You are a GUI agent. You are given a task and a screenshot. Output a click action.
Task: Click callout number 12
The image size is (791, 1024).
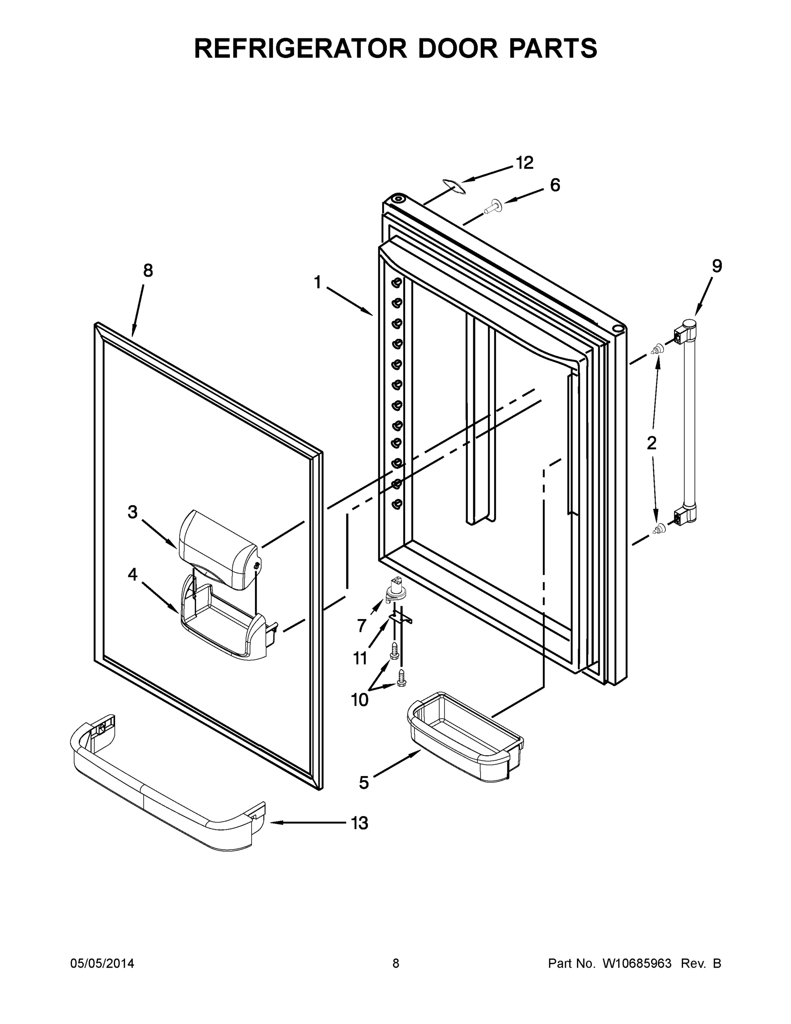(524, 163)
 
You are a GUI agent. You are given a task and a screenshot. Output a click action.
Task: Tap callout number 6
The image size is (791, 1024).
(555, 185)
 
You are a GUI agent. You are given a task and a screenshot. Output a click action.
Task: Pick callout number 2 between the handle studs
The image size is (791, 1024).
(652, 442)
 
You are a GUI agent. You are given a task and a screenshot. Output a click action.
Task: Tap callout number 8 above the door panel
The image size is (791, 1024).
(148, 271)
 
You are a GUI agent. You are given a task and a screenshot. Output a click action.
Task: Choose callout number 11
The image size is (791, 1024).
(359, 658)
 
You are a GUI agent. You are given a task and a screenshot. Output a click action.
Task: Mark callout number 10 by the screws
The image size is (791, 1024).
(359, 700)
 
